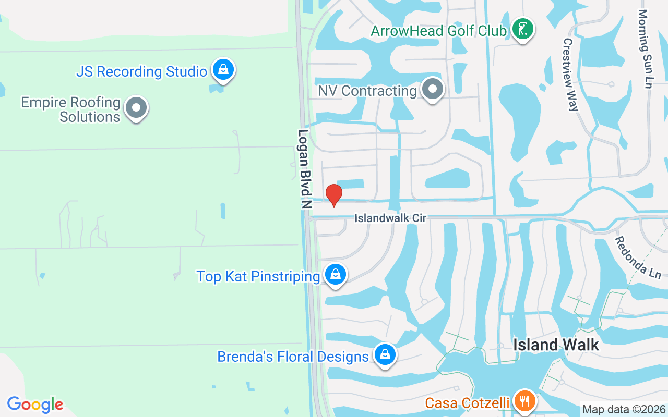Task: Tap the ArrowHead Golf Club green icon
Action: [522, 29]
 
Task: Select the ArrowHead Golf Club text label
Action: [438, 31]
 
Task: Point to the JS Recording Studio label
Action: [141, 71]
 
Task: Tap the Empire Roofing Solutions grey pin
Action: [137, 108]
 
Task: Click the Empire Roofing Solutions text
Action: [71, 109]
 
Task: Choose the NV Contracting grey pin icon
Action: [432, 89]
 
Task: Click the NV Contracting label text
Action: [367, 91]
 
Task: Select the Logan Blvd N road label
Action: [304, 169]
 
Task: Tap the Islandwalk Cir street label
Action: [390, 218]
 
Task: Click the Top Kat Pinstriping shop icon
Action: [335, 274]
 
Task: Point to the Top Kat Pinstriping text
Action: [258, 276]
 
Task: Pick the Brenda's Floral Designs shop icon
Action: [385, 355]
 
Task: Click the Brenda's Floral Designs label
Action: [293, 357]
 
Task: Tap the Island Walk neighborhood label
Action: [556, 345]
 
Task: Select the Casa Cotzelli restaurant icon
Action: [523, 401]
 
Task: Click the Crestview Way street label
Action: [570, 75]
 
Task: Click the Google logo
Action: [35, 404]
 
